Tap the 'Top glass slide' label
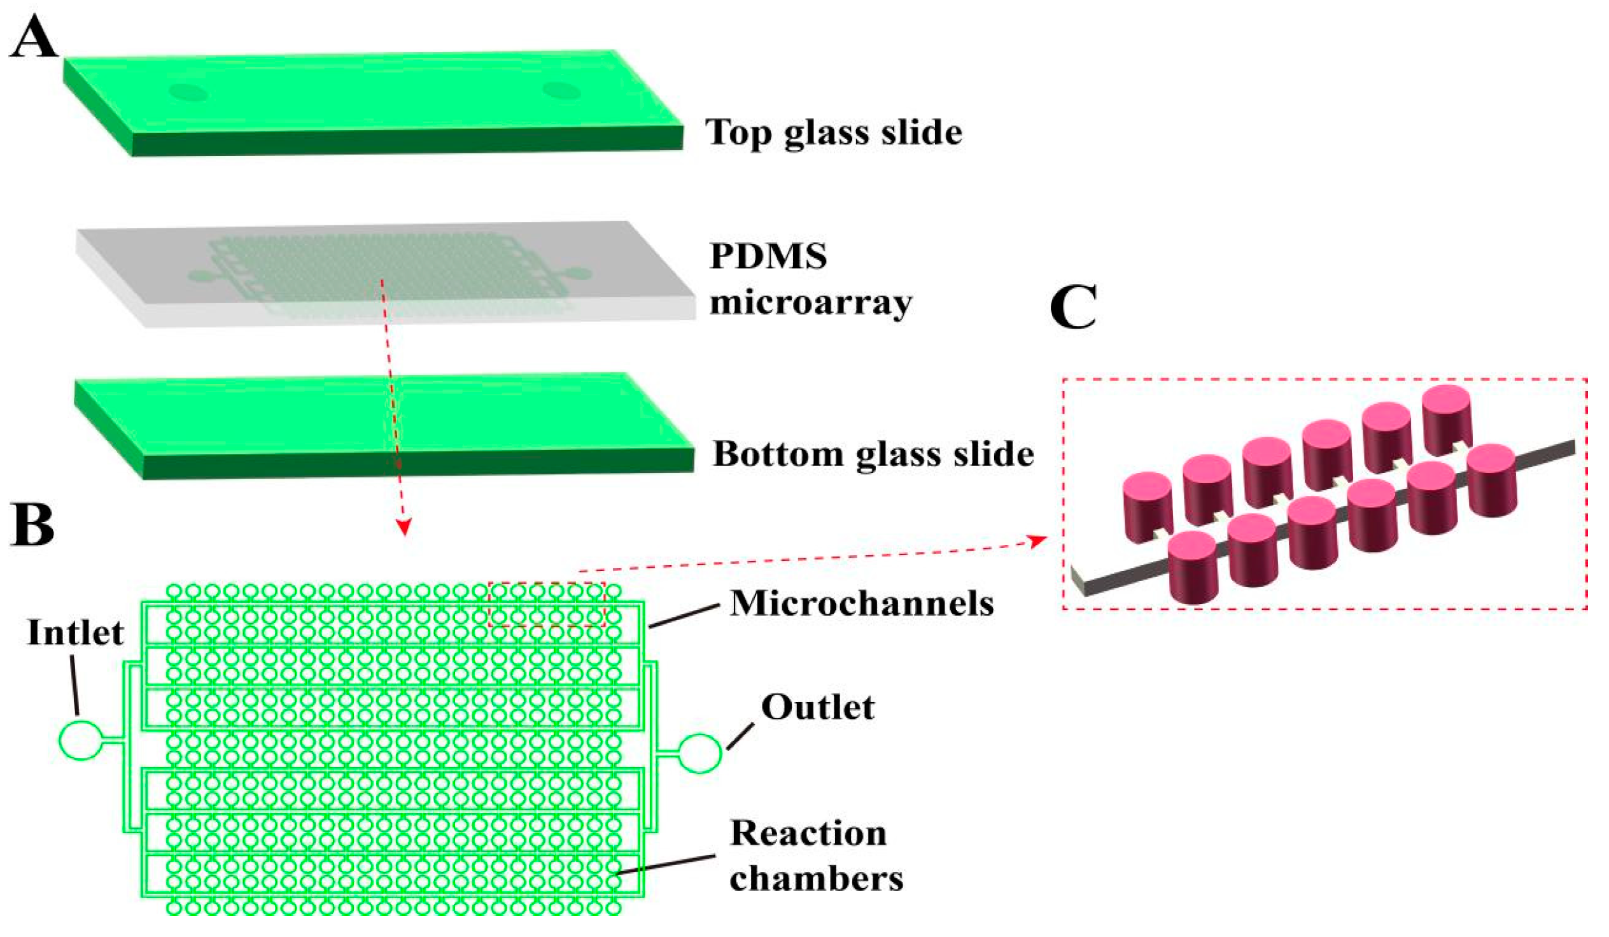click(833, 133)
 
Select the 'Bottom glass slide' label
click(873, 454)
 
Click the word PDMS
click(768, 257)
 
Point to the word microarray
click(810, 302)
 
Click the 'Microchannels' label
click(861, 603)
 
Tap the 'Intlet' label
click(75, 633)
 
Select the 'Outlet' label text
click(817, 708)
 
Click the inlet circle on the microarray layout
click(80, 740)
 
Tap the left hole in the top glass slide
click(188, 92)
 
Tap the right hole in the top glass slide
click(561, 90)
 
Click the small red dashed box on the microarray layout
click(547, 603)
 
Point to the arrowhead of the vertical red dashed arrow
click(403, 528)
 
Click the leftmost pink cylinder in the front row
click(1192, 567)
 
